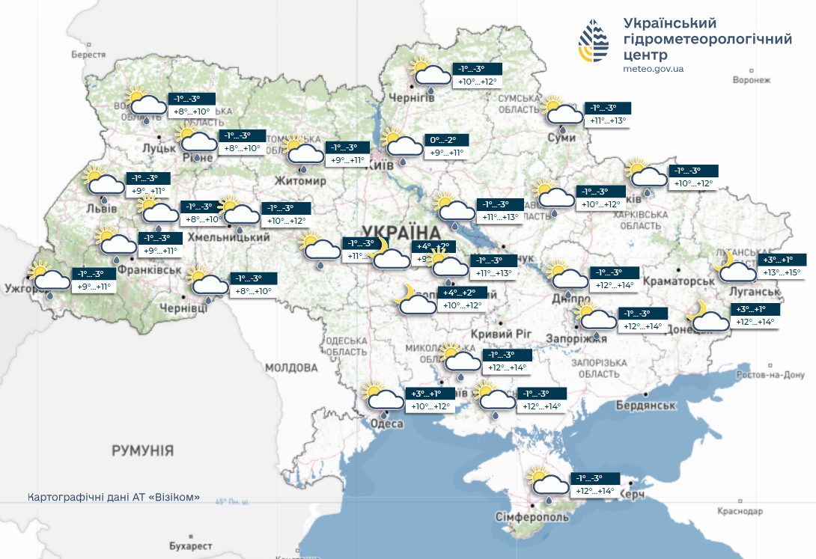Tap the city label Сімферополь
tap(532, 518)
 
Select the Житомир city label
tap(301, 181)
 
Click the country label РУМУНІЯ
tap(142, 450)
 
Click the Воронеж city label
tap(751, 80)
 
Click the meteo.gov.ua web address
tap(653, 68)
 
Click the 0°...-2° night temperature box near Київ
tap(448, 140)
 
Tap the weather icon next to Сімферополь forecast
tap(547, 483)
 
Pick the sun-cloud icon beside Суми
tap(563, 112)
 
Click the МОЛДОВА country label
tap(291, 367)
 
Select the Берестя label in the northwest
tap(89, 55)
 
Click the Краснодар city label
tap(739, 511)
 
